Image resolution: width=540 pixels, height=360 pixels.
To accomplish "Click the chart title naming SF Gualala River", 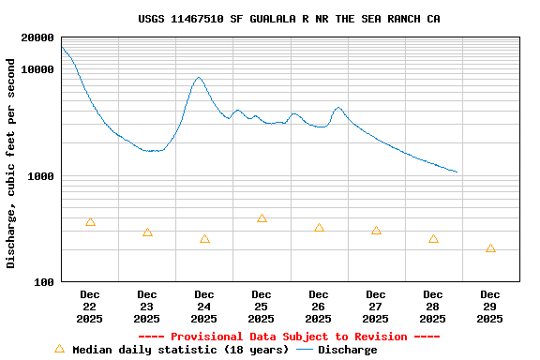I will [289, 19].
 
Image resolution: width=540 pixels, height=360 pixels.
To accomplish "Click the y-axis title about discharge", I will [11, 163].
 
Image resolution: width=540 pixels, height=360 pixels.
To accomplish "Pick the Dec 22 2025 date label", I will [90, 307].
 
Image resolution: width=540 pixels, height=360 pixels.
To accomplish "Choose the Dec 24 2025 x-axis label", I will [204, 307].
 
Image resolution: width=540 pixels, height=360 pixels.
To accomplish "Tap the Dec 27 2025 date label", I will [376, 307].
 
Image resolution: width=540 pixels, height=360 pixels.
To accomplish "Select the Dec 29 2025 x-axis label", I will [490, 307].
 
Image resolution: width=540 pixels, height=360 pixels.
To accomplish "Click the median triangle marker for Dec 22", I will [90, 222].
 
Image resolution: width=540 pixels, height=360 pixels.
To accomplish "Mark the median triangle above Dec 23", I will [147, 232].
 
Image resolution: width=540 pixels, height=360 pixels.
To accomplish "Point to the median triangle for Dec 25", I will [262, 218].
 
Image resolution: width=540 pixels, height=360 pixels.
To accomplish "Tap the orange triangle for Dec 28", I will [433, 239].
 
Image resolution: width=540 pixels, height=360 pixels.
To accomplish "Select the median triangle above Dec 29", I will [490, 248].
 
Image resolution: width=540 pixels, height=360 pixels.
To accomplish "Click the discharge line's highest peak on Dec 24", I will [199, 78].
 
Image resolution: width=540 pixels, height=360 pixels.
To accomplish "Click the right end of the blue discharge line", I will [457, 172].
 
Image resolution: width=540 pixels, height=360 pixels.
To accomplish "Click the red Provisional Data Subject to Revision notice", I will [289, 337].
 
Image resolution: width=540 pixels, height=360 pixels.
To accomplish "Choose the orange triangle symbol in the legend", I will [60, 349].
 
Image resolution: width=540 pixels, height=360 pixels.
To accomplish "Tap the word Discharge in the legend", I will [347, 350].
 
